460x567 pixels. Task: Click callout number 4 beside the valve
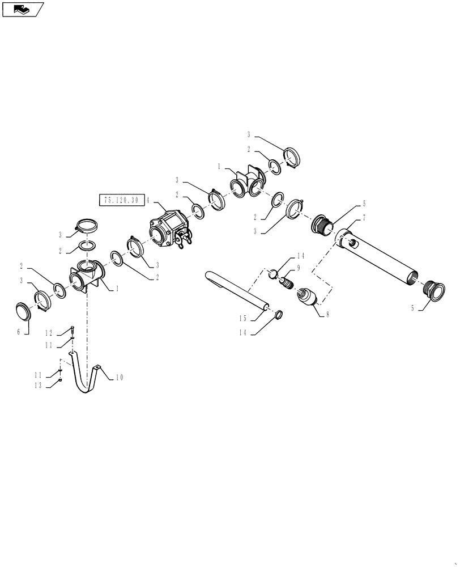point(148,200)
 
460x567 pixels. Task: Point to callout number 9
point(299,268)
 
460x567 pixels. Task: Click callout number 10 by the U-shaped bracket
point(120,377)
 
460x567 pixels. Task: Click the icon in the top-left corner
point(22,9)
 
